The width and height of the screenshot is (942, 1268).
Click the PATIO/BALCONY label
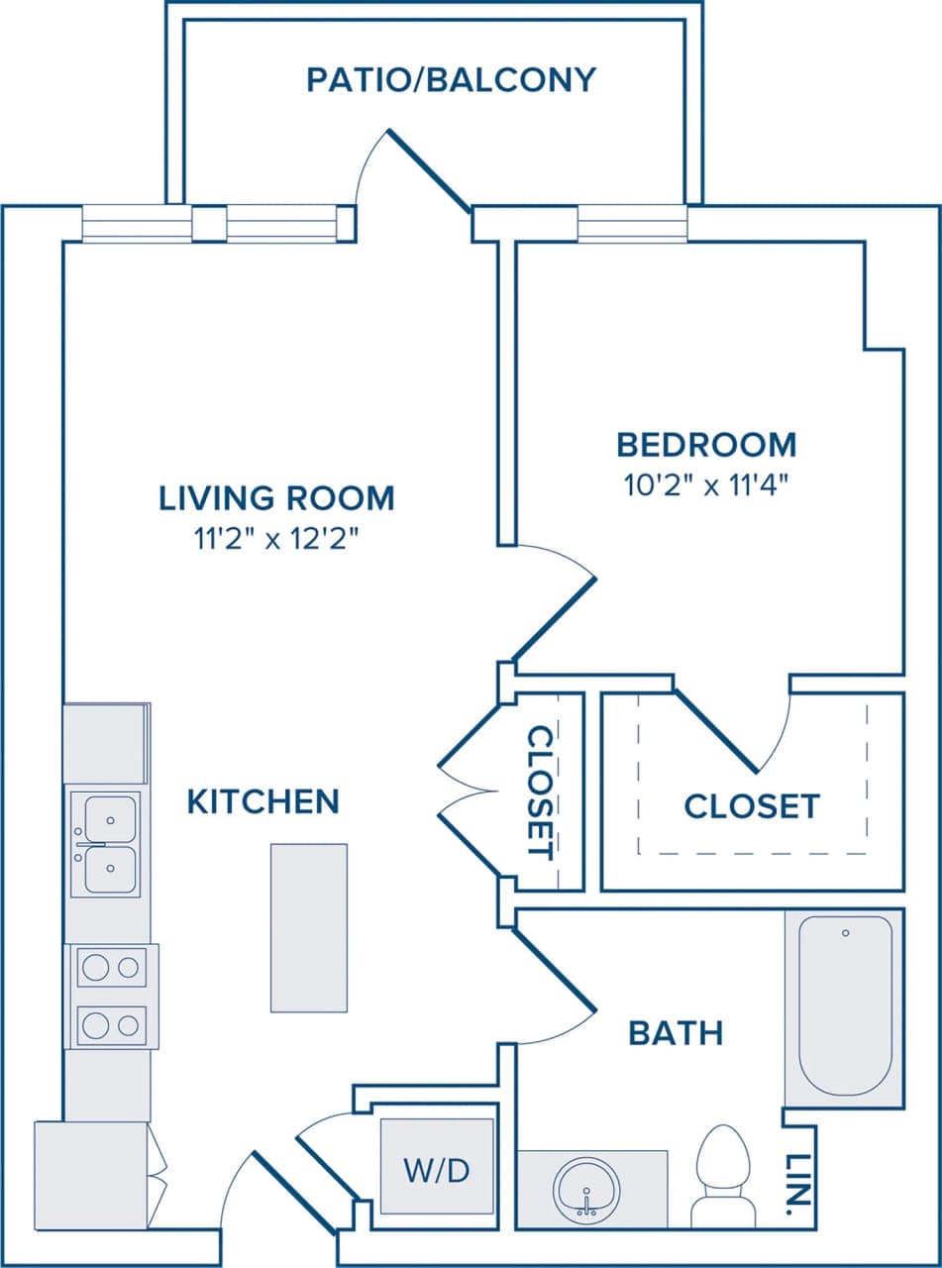point(451,79)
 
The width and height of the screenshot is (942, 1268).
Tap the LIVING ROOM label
point(276,497)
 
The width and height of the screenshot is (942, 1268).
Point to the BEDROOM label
point(705,445)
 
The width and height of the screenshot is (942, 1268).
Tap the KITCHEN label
point(262,801)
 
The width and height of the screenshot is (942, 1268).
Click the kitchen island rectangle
point(309,927)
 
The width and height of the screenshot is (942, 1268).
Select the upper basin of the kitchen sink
point(110,818)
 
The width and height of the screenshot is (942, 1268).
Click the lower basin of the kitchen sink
point(110,871)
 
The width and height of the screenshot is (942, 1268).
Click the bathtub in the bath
point(845,1005)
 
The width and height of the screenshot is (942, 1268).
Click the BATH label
point(676,1034)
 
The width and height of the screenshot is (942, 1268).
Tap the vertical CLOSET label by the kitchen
point(541,792)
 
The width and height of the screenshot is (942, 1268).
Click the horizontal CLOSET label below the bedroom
point(752,806)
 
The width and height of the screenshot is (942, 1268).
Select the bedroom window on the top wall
point(632,223)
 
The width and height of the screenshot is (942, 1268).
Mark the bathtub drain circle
point(845,933)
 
